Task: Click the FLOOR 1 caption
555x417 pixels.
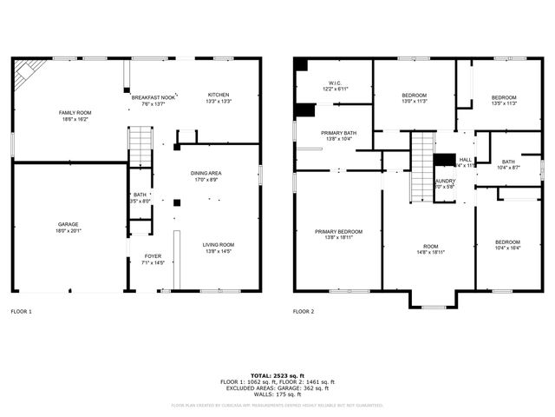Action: (x=21, y=310)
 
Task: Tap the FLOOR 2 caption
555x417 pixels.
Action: (x=304, y=310)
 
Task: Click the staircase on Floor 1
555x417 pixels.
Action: (x=140, y=145)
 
